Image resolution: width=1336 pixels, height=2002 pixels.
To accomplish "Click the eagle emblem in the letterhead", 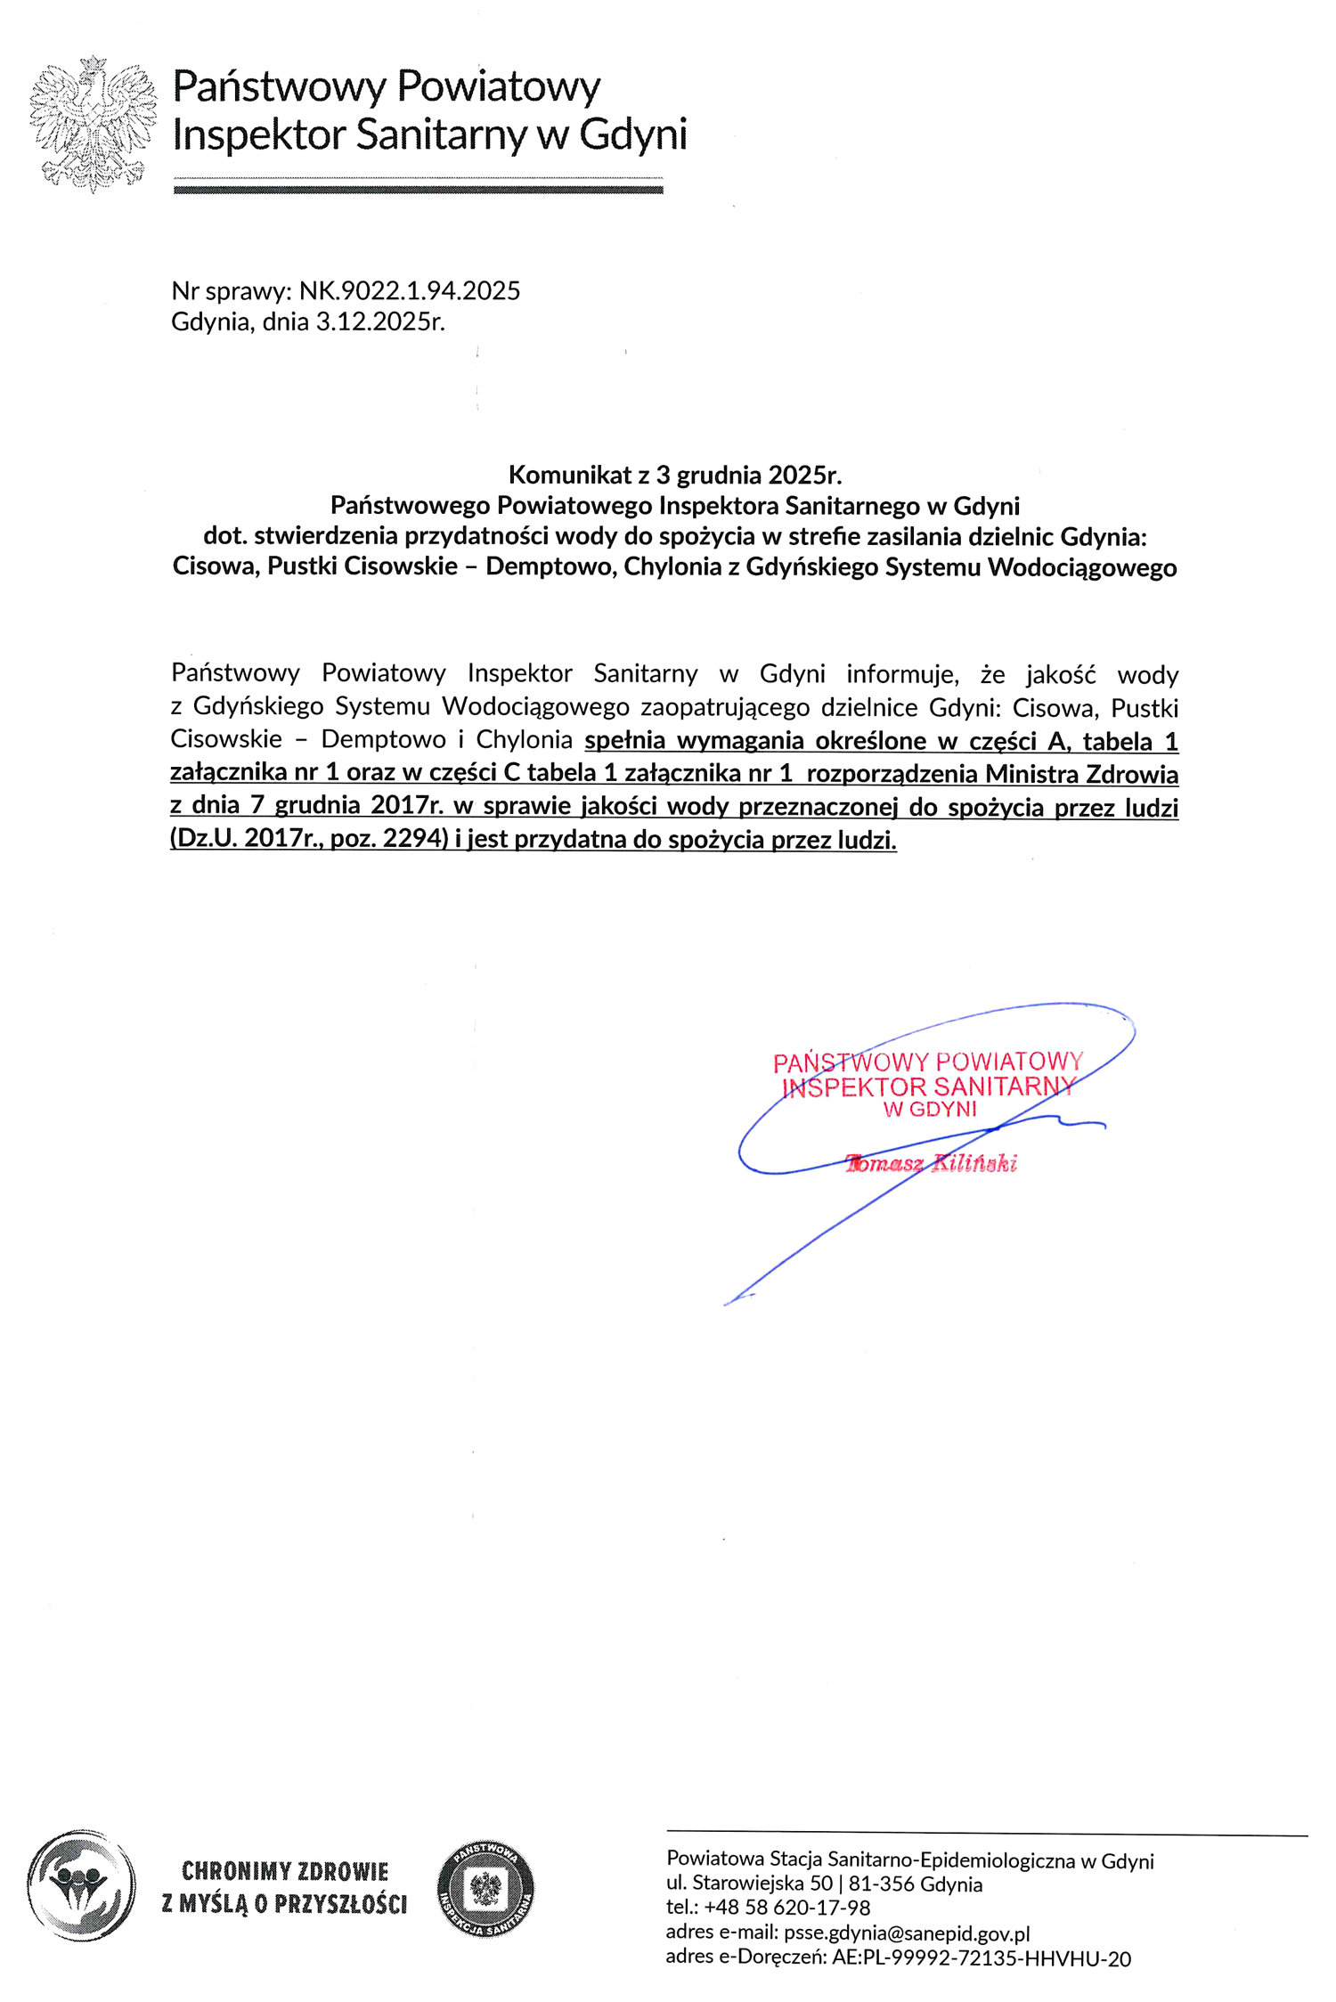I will pos(93,124).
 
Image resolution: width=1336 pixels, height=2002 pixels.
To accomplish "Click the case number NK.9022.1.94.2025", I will pos(409,291).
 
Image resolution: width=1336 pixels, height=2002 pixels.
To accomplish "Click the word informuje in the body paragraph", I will pos(901,673).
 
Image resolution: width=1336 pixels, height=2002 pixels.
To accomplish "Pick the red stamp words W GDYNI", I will pos(929,1110).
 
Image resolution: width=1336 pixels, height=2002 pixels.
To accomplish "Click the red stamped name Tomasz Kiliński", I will pos(931,1164).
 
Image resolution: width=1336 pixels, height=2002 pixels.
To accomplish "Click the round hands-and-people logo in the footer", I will pos(81,1885).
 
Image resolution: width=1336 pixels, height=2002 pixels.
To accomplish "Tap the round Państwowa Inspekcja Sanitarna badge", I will pos(485,1889).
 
